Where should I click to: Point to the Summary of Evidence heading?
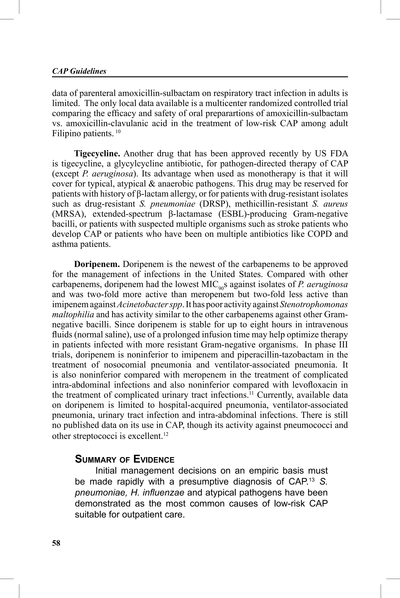pos(124,459)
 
